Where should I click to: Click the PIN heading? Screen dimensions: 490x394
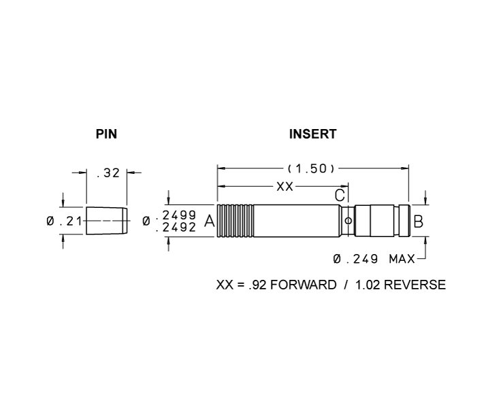[x=106, y=134]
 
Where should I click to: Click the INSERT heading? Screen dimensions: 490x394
[x=313, y=134]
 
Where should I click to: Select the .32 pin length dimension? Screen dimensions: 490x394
[x=108, y=173]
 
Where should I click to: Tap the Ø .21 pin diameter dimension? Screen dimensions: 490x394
[x=64, y=221]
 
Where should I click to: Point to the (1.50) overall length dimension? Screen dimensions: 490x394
[x=311, y=168]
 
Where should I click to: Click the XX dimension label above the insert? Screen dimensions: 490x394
[x=285, y=187]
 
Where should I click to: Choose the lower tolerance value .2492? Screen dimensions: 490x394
[x=176, y=228]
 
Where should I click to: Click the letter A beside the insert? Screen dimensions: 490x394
[x=210, y=221]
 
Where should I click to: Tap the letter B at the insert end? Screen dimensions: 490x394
[x=418, y=222]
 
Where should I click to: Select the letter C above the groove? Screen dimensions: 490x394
[x=340, y=195]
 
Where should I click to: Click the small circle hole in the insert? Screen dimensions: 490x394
[x=348, y=221]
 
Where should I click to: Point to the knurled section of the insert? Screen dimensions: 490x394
[x=235, y=221]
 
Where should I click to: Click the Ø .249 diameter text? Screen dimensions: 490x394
[x=355, y=259]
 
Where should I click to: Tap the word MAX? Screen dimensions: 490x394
[x=402, y=259]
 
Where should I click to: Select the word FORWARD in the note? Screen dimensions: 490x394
[x=303, y=285]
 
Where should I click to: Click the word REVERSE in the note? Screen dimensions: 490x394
[x=414, y=285]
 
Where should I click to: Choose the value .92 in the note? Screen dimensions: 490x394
[x=257, y=285]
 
